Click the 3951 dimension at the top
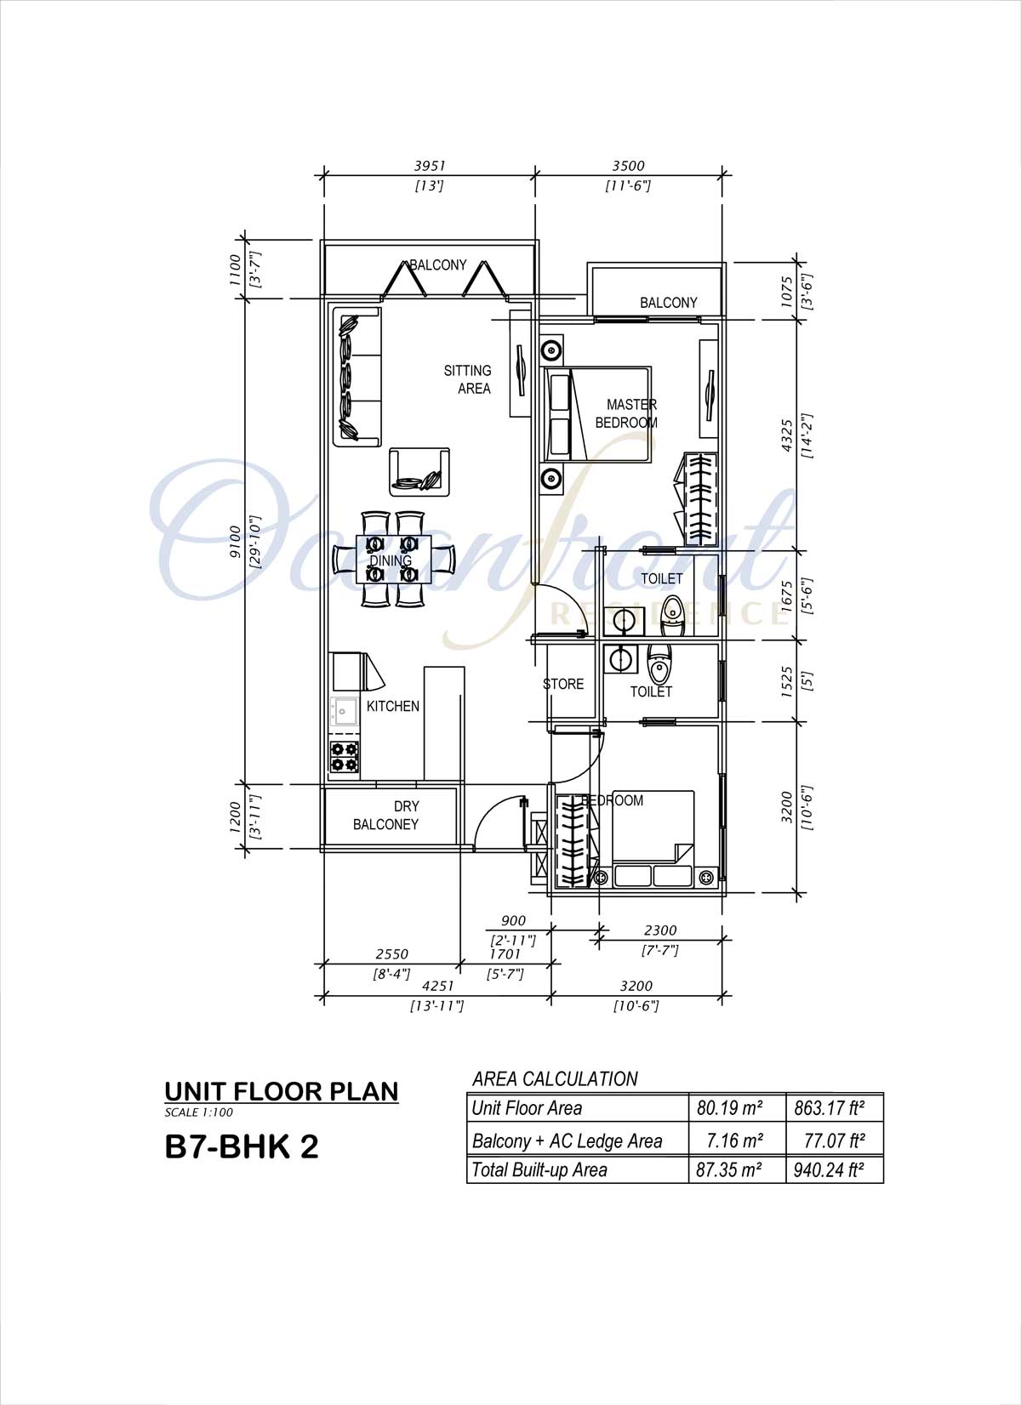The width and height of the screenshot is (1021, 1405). pyautogui.click(x=429, y=166)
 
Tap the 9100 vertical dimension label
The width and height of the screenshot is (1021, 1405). pyautogui.click(x=234, y=541)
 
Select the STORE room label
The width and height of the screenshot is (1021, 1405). pyautogui.click(x=563, y=684)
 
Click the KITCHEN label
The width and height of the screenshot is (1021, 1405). pyautogui.click(x=393, y=706)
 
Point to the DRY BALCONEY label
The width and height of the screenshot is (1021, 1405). pyautogui.click(x=386, y=815)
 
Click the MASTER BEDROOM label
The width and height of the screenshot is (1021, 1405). pyautogui.click(x=626, y=413)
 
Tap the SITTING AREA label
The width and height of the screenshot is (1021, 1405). pyautogui.click(x=467, y=379)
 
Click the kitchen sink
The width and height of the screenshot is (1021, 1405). pyautogui.click(x=344, y=712)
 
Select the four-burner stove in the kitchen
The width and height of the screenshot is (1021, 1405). pyautogui.click(x=345, y=757)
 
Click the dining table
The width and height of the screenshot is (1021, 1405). pyautogui.click(x=394, y=560)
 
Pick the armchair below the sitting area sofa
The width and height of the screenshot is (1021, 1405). pyautogui.click(x=419, y=472)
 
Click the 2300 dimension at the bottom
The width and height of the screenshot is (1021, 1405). pyautogui.click(x=660, y=930)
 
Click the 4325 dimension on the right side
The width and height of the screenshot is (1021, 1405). pyautogui.click(x=787, y=435)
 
